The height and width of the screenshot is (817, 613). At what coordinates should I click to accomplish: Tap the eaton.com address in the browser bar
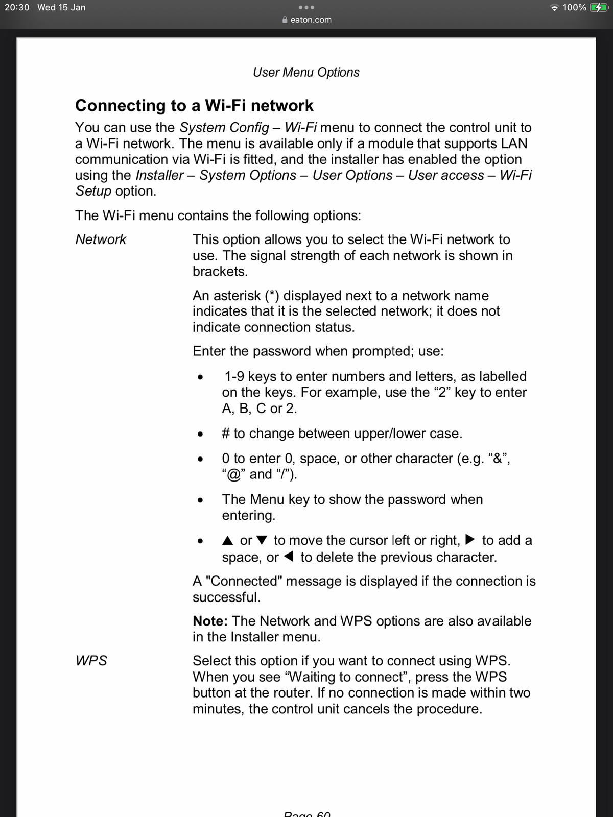pyautogui.click(x=311, y=20)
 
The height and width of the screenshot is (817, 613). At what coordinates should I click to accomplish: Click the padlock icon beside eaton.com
pyautogui.click(x=285, y=20)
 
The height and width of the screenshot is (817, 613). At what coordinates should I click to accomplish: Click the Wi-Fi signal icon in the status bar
pyautogui.click(x=554, y=8)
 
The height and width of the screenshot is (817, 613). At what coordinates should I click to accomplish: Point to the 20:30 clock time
pyautogui.click(x=17, y=8)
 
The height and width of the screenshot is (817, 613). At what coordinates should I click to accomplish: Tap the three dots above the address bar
pyautogui.click(x=306, y=8)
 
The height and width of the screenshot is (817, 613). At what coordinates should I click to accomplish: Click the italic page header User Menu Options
pyautogui.click(x=306, y=73)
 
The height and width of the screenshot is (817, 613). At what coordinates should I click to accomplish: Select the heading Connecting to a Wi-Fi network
pyautogui.click(x=194, y=105)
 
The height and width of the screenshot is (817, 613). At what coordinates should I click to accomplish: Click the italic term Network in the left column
pyautogui.click(x=101, y=239)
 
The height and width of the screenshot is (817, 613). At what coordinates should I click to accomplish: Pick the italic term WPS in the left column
pyautogui.click(x=91, y=661)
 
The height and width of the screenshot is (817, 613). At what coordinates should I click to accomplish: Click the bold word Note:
pyautogui.click(x=210, y=621)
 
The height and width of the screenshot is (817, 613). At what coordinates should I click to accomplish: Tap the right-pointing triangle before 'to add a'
pyautogui.click(x=471, y=540)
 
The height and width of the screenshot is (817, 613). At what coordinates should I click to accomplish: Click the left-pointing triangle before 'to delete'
pyautogui.click(x=289, y=557)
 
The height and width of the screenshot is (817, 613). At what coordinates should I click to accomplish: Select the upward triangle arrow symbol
pyautogui.click(x=228, y=540)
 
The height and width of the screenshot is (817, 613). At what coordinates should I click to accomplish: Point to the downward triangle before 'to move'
pyautogui.click(x=262, y=540)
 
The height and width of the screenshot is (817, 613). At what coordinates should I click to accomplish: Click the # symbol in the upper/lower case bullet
pyautogui.click(x=226, y=434)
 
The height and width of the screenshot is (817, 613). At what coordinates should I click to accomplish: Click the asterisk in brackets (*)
pyautogui.click(x=271, y=296)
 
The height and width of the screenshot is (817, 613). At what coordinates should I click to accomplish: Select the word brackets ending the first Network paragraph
pyautogui.click(x=220, y=271)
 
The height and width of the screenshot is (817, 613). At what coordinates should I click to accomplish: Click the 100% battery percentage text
pyautogui.click(x=574, y=8)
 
